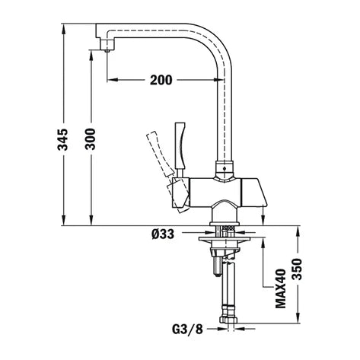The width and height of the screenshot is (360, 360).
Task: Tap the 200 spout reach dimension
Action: click(x=161, y=78)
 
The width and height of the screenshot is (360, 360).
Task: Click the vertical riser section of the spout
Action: click(x=225, y=114)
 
